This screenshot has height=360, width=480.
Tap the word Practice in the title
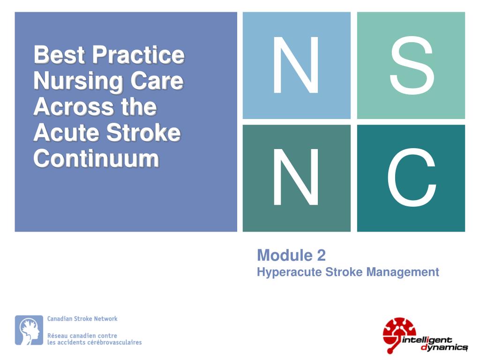(x=138, y=55)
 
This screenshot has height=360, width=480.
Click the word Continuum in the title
(x=96, y=159)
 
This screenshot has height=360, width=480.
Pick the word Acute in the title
(x=62, y=133)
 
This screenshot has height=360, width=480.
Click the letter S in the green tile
(x=411, y=65)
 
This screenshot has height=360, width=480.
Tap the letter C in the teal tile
(x=411, y=178)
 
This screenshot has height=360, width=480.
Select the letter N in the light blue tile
(x=296, y=65)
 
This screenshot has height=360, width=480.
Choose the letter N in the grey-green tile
(x=296, y=178)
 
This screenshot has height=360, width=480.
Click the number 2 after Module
(x=321, y=255)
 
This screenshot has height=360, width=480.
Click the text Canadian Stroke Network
(x=82, y=319)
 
